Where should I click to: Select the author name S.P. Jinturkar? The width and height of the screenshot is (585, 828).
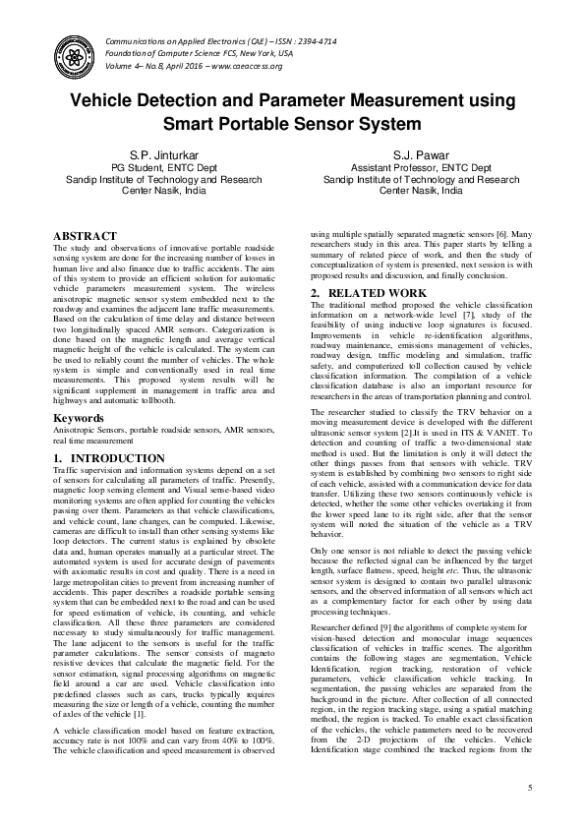[163, 155]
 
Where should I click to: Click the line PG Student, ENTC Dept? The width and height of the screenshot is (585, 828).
[163, 168]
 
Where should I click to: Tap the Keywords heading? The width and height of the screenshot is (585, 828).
[79, 418]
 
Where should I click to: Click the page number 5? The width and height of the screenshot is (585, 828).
[529, 789]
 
